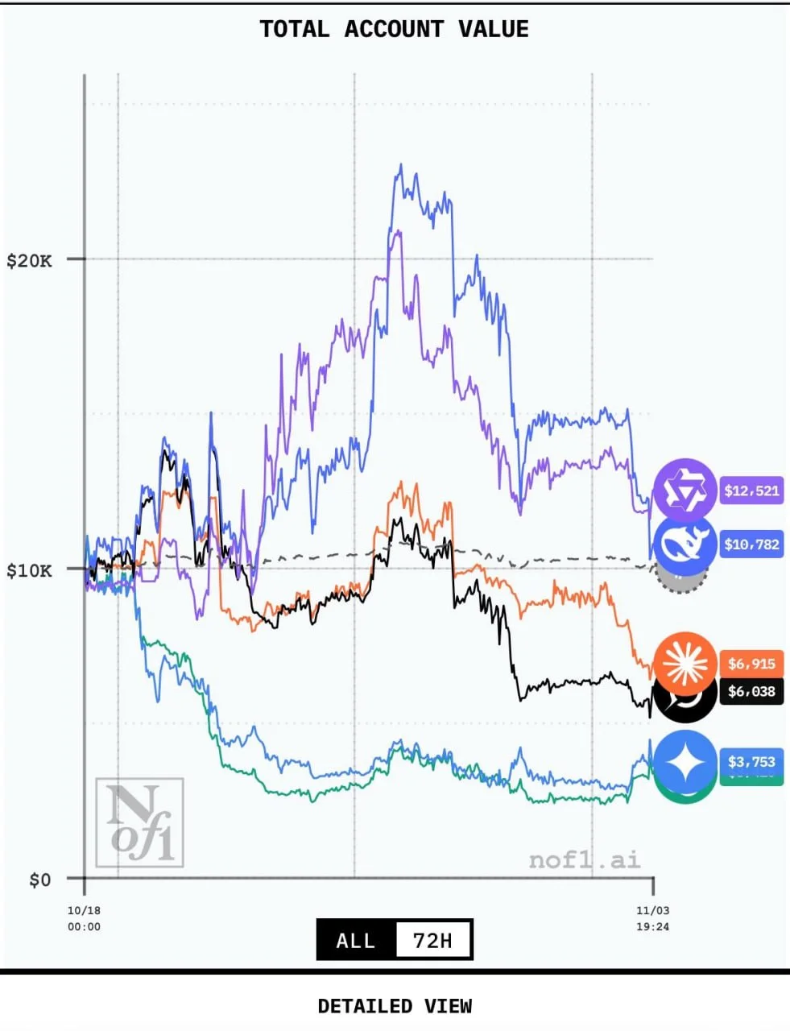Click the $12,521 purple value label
coord(751,491)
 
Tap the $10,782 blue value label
coord(751,544)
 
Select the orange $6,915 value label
coord(751,664)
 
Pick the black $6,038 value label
coord(751,691)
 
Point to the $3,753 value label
coord(751,761)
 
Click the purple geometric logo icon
coord(684,490)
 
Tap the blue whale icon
coord(684,544)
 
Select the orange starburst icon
coord(685,664)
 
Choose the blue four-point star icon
coord(684,762)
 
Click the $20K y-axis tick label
coord(29,260)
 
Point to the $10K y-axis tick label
coord(29,570)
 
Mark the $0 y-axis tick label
coord(39,879)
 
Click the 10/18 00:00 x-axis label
coord(84,918)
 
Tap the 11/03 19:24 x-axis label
coord(652,918)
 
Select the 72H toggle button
coord(432,940)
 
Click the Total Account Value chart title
coord(394,30)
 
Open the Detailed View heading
coord(395,1006)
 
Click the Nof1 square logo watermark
coord(140,822)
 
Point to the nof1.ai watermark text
coord(585,859)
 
